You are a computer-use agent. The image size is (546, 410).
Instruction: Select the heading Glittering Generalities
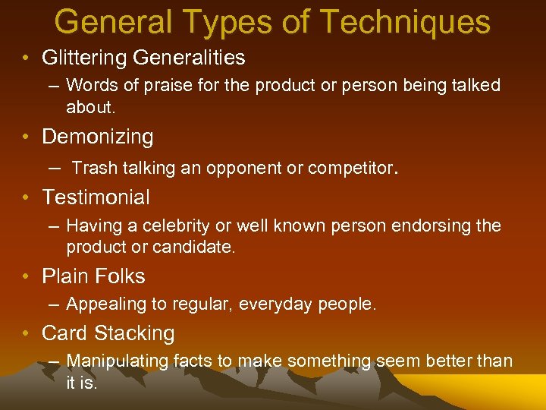[x=143, y=57]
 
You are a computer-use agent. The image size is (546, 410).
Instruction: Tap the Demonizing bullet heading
[x=98, y=137]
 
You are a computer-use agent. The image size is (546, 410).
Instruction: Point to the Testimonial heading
[x=96, y=197]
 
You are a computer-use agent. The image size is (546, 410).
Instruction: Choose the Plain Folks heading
[x=93, y=276]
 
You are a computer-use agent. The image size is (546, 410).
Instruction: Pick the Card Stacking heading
[x=108, y=333]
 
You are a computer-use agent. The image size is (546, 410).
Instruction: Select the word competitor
[x=348, y=168]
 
